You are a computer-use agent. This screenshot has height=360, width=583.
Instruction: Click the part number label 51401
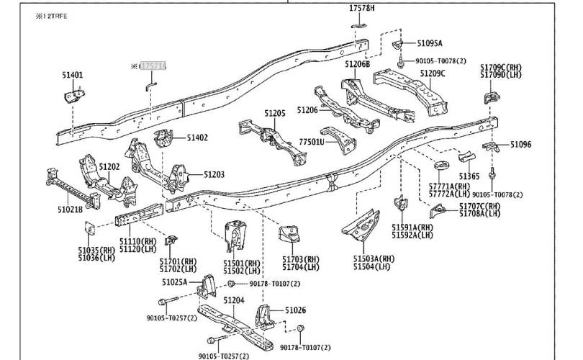click(x=72, y=74)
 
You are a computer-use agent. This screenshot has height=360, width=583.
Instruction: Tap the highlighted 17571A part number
click(x=153, y=66)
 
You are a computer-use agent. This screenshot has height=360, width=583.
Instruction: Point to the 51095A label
click(x=430, y=43)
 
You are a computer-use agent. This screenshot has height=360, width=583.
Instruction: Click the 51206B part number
click(x=357, y=65)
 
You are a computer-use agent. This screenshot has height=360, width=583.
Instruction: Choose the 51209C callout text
click(x=433, y=73)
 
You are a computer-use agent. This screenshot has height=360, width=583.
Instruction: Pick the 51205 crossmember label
click(x=274, y=113)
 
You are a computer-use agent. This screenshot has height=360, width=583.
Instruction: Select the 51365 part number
click(x=469, y=176)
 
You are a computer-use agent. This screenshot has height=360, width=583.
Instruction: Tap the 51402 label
click(x=197, y=137)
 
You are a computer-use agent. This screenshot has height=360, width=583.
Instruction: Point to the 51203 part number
click(x=213, y=174)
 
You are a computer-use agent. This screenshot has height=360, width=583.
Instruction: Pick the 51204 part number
click(x=234, y=300)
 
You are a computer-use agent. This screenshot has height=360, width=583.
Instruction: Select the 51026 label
click(x=295, y=310)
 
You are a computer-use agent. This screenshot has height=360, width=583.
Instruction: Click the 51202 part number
click(x=109, y=166)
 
